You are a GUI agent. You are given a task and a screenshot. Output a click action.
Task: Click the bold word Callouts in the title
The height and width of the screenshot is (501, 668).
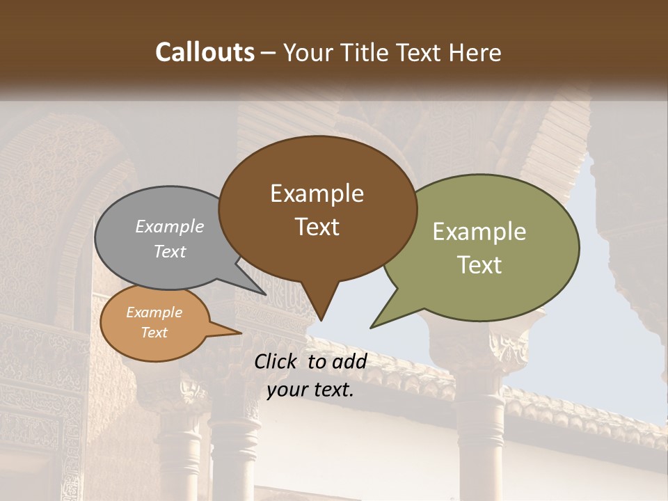tap(205, 52)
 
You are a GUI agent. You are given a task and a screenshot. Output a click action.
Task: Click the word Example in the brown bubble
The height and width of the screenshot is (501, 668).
tap(317, 193)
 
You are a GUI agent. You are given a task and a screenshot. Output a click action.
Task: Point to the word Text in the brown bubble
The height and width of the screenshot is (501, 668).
tap(317, 227)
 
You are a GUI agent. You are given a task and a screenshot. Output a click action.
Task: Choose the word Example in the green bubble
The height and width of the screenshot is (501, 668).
tap(479, 232)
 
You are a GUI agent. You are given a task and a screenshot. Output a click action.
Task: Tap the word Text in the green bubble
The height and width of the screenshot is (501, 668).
tap(479, 265)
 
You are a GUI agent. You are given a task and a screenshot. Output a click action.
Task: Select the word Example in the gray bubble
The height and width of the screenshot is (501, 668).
tap(170, 226)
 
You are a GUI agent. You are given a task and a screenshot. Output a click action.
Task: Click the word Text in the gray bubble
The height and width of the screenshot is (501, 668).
tap(170, 251)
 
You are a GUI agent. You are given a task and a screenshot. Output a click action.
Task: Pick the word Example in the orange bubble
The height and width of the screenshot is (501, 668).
tap(154, 312)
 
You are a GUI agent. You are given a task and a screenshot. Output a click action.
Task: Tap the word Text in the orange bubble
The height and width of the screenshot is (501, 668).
tap(154, 333)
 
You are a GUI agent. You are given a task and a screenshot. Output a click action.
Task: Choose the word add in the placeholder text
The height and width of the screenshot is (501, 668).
tap(349, 361)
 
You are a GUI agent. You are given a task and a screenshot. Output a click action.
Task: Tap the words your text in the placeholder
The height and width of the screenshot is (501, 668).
tap(310, 390)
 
